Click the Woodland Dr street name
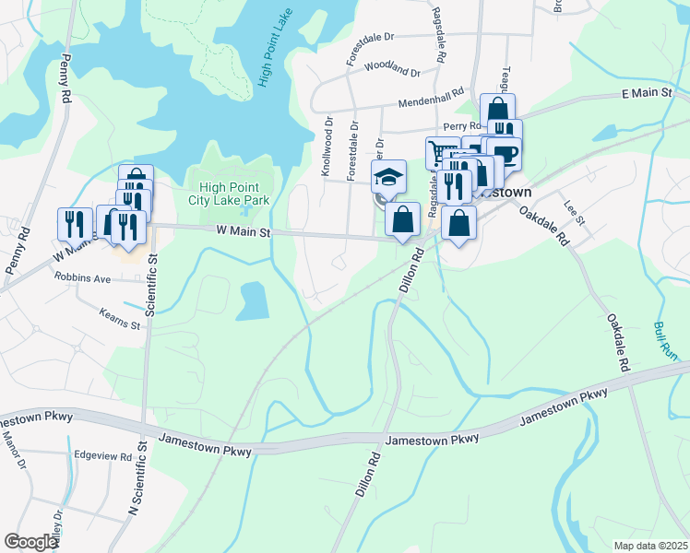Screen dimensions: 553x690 click(392, 68)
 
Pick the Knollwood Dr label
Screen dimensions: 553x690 click(326, 146)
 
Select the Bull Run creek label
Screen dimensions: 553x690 click(666, 339)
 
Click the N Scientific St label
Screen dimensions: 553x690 click(139, 477)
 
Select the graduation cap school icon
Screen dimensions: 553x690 click(388, 176)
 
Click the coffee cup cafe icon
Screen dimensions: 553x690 click(506, 153)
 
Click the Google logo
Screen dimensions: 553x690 click(30, 542)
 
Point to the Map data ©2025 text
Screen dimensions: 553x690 click(650, 546)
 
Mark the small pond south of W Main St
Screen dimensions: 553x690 click(252, 301)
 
